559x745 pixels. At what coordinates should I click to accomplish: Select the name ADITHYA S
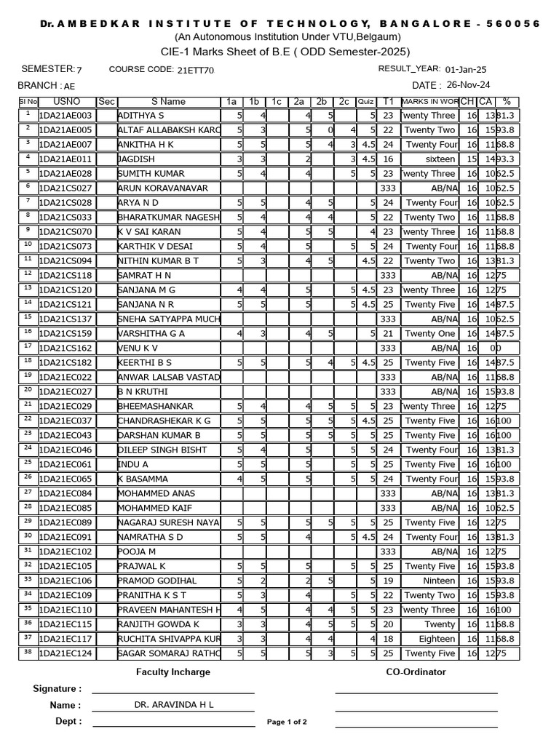pyautogui.click(x=141, y=116)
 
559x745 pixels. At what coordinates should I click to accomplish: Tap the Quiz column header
pyautogui.click(x=366, y=102)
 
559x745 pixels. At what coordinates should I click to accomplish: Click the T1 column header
pyautogui.click(x=388, y=102)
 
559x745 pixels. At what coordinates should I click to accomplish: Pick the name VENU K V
pyautogui.click(x=138, y=348)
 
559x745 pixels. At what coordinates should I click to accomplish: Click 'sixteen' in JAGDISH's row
pyautogui.click(x=440, y=159)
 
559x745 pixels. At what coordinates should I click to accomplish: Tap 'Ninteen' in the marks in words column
pyautogui.click(x=439, y=581)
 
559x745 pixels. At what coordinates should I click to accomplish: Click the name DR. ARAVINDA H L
pyautogui.click(x=173, y=705)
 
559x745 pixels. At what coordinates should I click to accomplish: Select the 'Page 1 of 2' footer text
pyautogui.click(x=287, y=722)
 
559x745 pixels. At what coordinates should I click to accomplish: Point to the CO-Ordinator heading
pyautogui.click(x=416, y=672)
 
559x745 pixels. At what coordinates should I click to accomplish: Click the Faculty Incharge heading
pyautogui.click(x=173, y=672)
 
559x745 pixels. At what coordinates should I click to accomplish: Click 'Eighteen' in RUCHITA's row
pyautogui.click(x=437, y=640)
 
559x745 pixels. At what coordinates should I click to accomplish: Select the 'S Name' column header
pyautogui.click(x=168, y=102)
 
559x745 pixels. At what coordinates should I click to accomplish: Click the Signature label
pyautogui.click(x=58, y=688)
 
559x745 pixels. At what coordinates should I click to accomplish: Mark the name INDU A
pyautogui.click(x=133, y=465)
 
